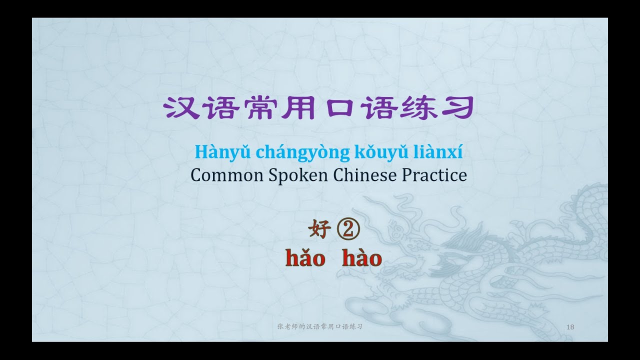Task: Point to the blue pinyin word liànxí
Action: (x=441, y=151)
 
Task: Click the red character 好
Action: (x=319, y=231)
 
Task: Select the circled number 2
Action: (x=348, y=231)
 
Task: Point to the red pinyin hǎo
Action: (x=305, y=258)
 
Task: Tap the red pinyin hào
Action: (x=362, y=258)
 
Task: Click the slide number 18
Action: (x=570, y=327)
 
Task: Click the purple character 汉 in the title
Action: (x=179, y=107)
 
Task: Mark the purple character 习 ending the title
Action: (x=458, y=107)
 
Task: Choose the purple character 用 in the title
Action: (x=295, y=107)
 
